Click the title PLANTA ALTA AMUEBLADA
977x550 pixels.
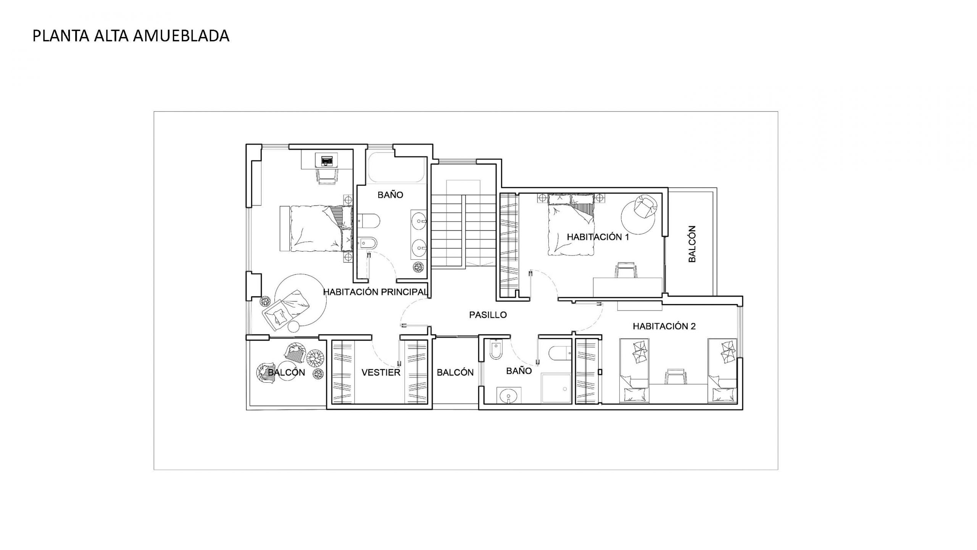click(131, 36)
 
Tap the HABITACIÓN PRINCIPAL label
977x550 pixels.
click(375, 292)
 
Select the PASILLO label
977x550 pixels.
click(488, 315)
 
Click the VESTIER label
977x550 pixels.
click(381, 372)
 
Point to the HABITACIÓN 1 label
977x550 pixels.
click(598, 237)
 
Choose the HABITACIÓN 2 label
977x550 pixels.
click(664, 326)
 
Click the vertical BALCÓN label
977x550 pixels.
click(692, 244)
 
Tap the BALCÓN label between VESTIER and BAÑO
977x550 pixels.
click(455, 372)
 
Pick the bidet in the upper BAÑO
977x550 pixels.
click(368, 243)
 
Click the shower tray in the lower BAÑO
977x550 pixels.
click(556, 388)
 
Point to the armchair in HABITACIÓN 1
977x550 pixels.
click(645, 207)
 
